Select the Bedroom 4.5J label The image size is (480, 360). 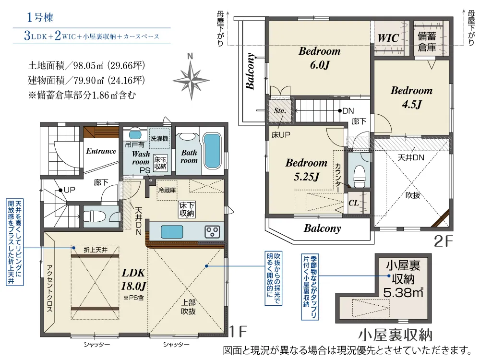411,96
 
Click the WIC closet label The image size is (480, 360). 388,37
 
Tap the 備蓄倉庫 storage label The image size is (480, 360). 427,41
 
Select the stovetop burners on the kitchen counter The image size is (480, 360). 212,232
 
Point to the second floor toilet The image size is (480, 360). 359,176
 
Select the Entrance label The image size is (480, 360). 101,151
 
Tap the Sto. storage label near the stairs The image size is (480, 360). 279,110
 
